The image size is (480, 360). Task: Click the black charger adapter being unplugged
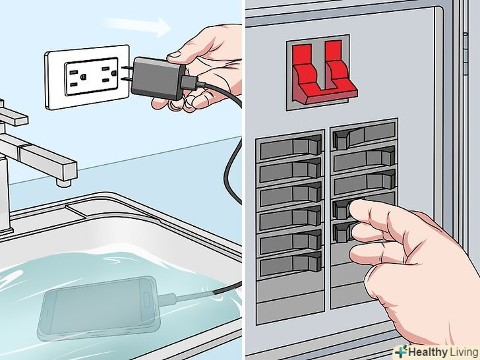(158, 78)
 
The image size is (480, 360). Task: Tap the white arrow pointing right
(138, 26)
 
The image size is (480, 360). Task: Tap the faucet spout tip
(64, 183)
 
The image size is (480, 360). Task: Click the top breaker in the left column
(290, 147)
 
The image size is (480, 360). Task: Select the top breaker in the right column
(364, 135)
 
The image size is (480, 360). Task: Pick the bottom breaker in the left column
(290, 264)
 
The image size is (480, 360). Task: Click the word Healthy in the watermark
(427, 352)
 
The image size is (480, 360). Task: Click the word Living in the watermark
(464, 352)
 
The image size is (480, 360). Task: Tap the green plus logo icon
(401, 351)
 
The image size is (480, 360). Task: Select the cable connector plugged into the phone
(167, 299)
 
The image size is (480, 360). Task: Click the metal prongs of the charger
(127, 73)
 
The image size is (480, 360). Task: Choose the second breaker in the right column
(364, 159)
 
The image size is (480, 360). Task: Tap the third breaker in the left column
(290, 194)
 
